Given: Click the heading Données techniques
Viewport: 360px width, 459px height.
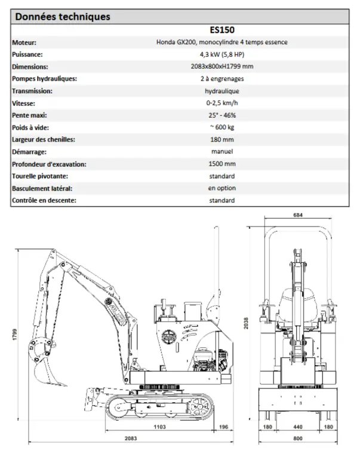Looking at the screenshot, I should click(x=62, y=17).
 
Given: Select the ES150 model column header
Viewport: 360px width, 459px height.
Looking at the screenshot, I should click(x=221, y=30).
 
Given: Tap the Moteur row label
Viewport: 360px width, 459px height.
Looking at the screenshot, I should click(x=24, y=42).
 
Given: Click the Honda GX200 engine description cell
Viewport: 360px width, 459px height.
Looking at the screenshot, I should click(x=221, y=42).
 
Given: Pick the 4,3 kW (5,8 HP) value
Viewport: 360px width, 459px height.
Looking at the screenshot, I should click(x=221, y=54).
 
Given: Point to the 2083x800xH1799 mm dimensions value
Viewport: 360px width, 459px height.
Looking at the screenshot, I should click(x=221, y=67).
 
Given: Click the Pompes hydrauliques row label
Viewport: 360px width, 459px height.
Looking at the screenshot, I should click(x=45, y=79).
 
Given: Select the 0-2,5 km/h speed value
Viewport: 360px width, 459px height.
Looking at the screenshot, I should click(x=221, y=103).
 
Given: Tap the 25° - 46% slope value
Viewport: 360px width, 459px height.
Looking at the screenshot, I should click(x=221, y=115).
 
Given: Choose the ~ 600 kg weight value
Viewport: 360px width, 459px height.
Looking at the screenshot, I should click(x=221, y=127).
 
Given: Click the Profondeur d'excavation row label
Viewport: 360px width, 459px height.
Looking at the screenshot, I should click(x=49, y=164).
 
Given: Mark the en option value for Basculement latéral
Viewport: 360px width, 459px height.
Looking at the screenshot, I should click(x=221, y=188).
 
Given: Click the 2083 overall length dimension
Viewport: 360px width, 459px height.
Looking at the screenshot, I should click(x=131, y=439).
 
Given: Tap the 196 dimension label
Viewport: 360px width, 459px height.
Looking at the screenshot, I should click(x=223, y=427).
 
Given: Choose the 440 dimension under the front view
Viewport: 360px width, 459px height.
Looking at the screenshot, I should click(x=298, y=427).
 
